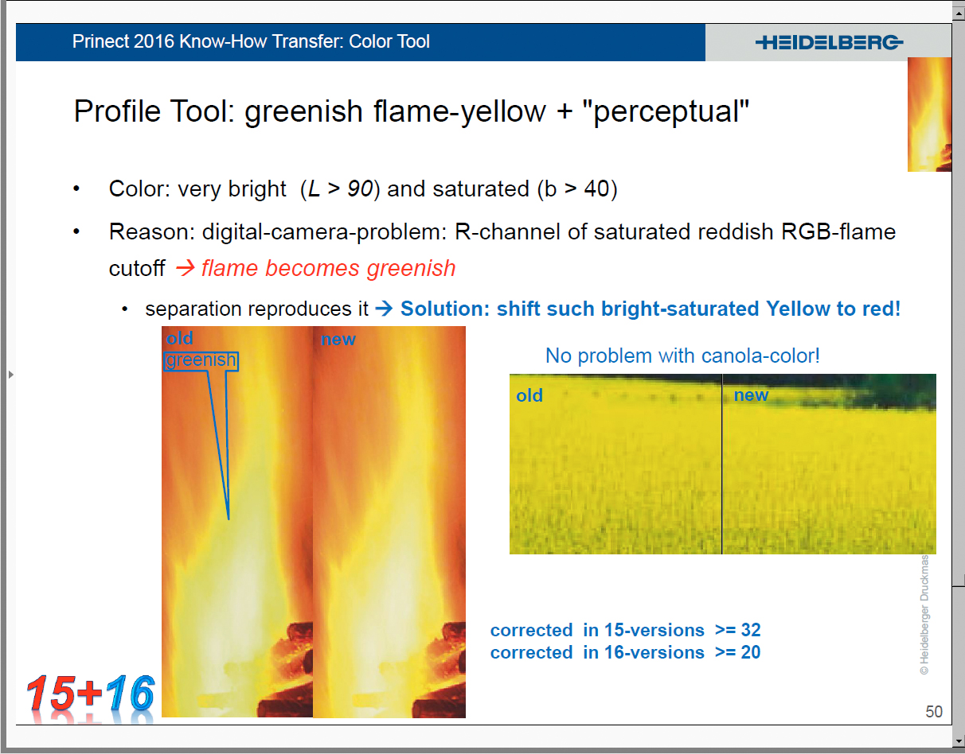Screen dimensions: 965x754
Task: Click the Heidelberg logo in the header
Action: [829, 43]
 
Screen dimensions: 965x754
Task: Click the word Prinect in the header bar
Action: [100, 41]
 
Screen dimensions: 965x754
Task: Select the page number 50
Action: [933, 711]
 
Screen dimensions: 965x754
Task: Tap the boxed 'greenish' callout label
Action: [201, 360]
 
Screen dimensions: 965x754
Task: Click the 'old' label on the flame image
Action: [179, 338]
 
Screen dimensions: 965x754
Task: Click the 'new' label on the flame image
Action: [338, 340]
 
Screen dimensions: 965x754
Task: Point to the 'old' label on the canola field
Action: [529, 395]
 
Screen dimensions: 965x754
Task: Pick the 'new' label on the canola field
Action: [751, 394]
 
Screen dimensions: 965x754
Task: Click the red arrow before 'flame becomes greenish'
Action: [185, 268]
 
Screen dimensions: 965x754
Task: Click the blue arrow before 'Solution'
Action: [384, 309]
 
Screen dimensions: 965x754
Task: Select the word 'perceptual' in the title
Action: [666, 111]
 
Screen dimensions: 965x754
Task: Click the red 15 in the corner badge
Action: [51, 694]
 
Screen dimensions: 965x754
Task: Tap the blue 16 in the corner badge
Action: [130, 693]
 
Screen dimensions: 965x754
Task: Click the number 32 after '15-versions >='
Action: [751, 630]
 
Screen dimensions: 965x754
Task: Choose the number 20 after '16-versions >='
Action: [751, 652]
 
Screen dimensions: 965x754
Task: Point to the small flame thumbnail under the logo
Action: [929, 115]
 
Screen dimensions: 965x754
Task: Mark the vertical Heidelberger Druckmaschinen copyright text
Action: [924, 615]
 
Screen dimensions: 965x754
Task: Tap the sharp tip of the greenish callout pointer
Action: [229, 519]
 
